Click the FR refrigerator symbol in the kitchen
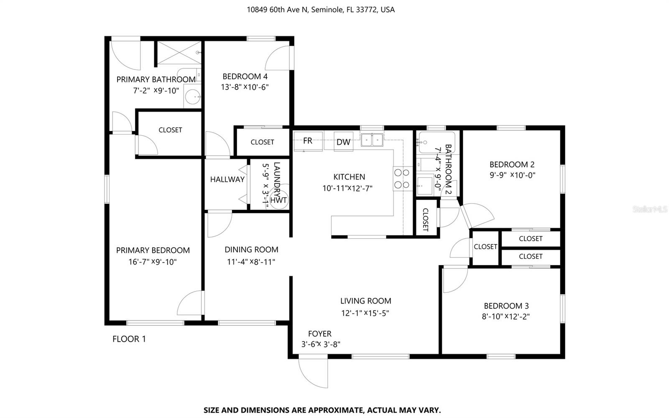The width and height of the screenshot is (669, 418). coord(308,141)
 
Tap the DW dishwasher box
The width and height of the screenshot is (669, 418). coord(343,142)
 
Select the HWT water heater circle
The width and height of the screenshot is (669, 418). coord(278,200)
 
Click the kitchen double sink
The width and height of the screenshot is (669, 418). coord(372,139)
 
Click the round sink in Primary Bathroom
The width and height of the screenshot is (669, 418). coord(193,98)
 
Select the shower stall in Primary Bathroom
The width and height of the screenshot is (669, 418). coord(179,53)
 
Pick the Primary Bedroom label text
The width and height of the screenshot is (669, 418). coord(153,250)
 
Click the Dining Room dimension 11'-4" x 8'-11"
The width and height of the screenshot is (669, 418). coord(251,262)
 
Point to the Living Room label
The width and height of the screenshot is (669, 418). coord(365,301)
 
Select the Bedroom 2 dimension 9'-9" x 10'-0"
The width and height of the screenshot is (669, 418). coord(512,175)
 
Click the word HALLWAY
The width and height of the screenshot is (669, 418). coord(227,179)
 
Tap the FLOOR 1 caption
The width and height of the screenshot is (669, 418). coord(129,339)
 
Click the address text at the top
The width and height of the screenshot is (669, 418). coord(320,10)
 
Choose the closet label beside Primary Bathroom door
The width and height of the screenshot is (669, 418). coord(170,130)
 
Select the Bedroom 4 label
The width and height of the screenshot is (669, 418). coord(245,76)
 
